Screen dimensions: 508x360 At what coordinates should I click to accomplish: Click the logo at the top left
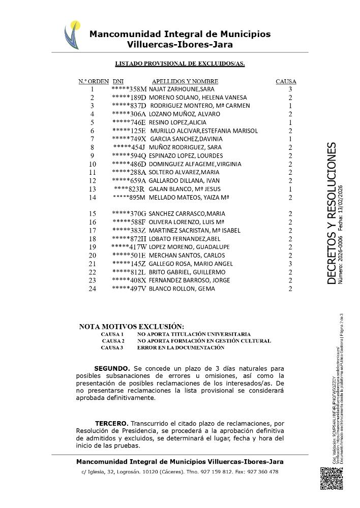tap(72, 34)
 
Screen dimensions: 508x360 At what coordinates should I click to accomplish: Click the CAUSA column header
tap(286, 81)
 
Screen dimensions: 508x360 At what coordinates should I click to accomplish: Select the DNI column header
tap(118, 81)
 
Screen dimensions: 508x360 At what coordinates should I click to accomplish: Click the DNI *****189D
tap(129, 98)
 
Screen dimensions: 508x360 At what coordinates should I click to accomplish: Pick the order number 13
tap(92, 189)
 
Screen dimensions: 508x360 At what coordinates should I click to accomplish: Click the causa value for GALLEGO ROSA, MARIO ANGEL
tap(290, 264)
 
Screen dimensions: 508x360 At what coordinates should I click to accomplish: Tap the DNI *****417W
tap(129, 247)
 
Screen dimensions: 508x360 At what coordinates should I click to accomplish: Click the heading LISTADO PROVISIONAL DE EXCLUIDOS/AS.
tap(180, 63)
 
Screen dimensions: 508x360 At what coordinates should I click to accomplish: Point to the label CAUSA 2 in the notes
tap(112, 341)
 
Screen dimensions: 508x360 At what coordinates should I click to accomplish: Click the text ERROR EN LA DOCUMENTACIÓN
tap(181, 347)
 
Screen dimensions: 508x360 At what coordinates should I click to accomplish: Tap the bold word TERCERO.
tap(112, 423)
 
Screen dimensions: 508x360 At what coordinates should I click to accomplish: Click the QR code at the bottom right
tap(332, 478)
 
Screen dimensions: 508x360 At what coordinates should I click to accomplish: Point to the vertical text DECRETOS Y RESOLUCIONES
tap(331, 213)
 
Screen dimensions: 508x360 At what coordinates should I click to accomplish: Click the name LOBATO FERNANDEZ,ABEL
tap(177, 239)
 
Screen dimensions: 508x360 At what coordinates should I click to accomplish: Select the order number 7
tap(92, 139)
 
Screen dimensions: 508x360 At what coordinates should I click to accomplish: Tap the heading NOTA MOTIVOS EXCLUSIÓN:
tap(132, 327)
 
